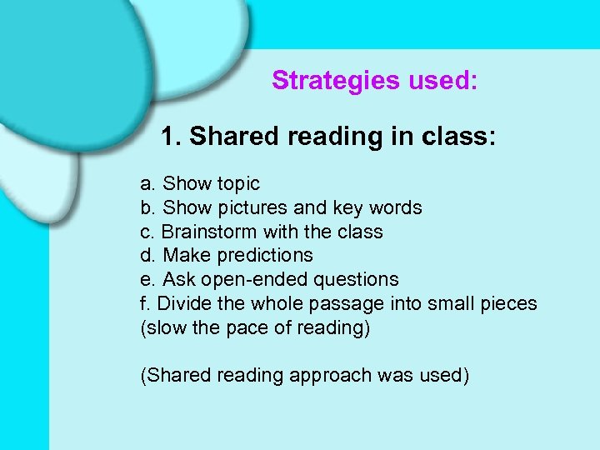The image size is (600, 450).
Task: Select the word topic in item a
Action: point(238,184)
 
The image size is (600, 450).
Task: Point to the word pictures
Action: point(257,208)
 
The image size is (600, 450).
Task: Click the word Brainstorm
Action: point(209,232)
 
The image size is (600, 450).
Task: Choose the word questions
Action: point(358,280)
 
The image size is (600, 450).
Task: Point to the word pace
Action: point(247,327)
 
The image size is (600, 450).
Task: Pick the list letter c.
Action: point(147,232)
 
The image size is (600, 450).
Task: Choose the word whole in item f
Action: point(262,303)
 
